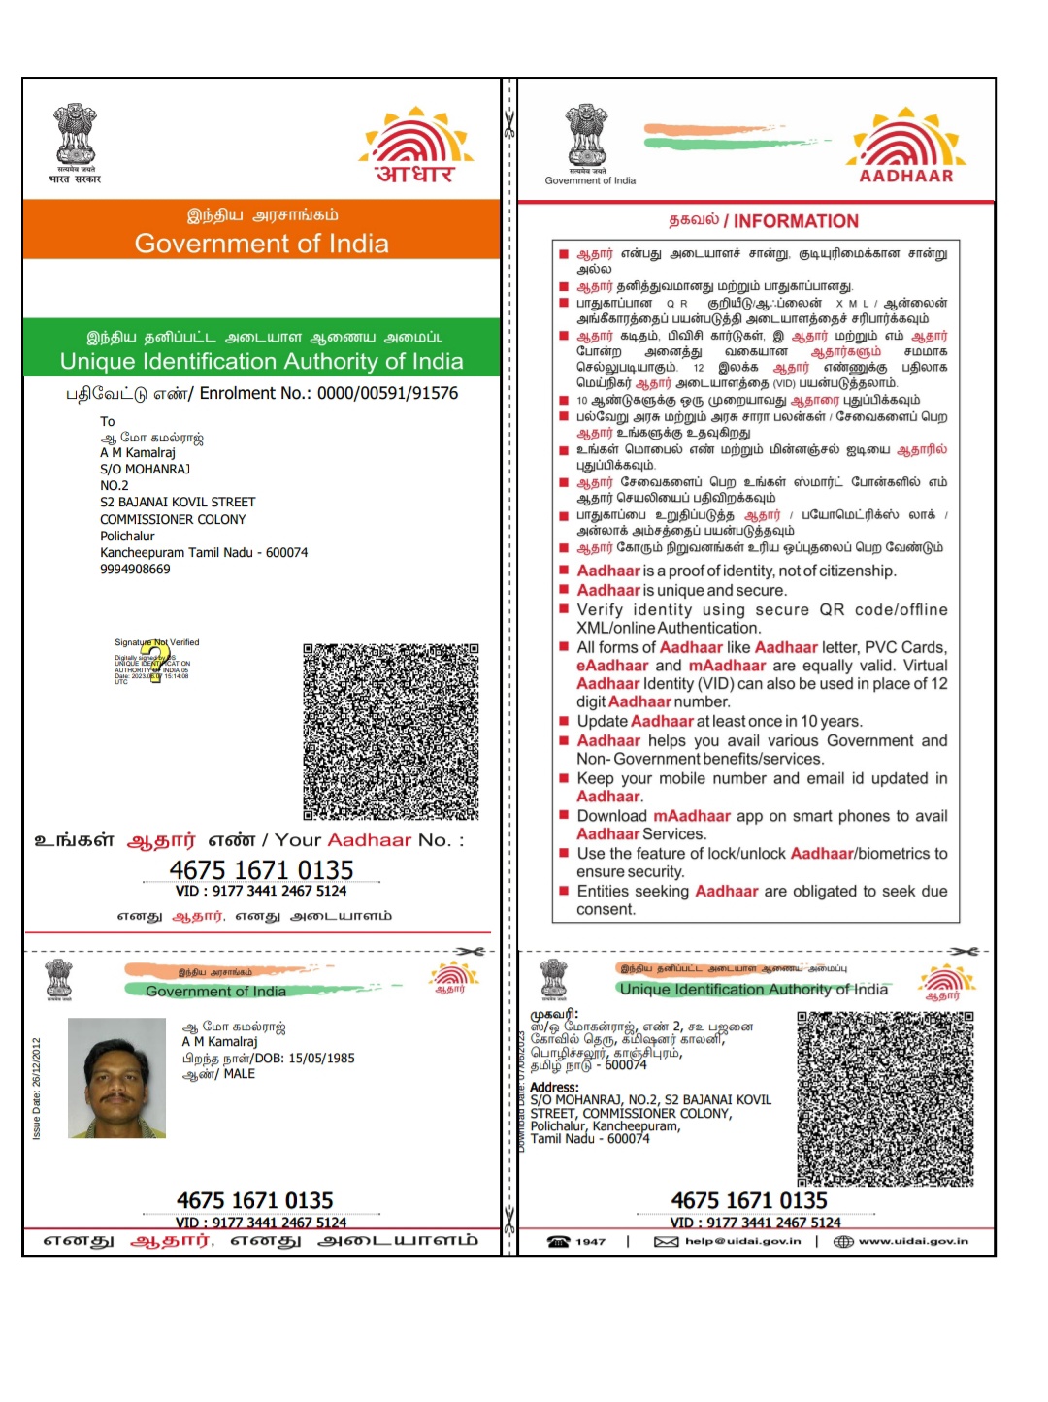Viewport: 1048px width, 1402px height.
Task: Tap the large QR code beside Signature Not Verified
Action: tap(391, 731)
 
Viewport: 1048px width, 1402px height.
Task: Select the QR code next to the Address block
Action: tap(885, 1098)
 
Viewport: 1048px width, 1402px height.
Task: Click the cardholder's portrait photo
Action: tap(116, 1078)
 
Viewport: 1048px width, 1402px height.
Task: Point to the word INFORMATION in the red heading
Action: tap(796, 221)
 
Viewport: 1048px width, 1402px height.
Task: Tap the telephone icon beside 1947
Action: tap(558, 1241)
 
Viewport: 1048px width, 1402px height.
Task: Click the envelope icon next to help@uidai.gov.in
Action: tap(666, 1241)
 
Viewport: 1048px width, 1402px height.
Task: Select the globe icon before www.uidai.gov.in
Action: tap(843, 1241)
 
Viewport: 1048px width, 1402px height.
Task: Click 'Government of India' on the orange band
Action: tap(261, 244)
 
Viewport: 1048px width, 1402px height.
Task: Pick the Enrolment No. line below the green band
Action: tap(261, 393)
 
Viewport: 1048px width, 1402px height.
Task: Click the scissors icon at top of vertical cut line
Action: tap(508, 124)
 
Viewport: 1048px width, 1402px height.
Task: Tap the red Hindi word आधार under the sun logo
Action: tap(414, 174)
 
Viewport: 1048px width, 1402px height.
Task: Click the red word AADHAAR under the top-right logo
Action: tap(906, 176)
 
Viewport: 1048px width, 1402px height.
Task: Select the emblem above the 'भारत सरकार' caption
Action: tap(75, 134)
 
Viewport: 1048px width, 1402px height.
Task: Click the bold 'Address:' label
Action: tap(554, 1088)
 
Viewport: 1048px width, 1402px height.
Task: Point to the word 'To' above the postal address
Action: tap(108, 421)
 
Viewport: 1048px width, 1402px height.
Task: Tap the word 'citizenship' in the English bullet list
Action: tap(854, 571)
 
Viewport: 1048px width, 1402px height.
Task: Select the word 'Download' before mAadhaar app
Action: tap(611, 816)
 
